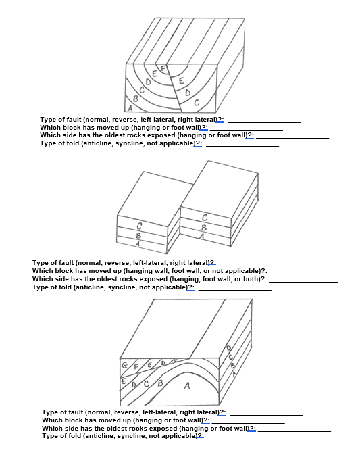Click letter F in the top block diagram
162,68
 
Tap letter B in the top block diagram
135,99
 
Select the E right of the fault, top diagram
181,80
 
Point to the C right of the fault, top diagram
195,103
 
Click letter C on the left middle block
139,226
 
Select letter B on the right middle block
203,228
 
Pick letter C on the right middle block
204,218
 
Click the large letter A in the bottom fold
187,387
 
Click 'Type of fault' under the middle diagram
53,263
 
